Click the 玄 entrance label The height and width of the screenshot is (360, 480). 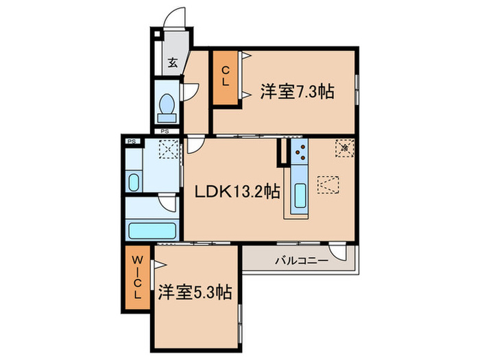tap(173, 63)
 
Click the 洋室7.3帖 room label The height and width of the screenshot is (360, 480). tap(296, 91)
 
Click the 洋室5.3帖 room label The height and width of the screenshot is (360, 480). tap(195, 293)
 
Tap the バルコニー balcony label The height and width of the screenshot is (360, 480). tap(301, 260)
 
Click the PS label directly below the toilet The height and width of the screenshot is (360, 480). tap(165, 131)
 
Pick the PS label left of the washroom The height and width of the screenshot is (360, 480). tap(130, 141)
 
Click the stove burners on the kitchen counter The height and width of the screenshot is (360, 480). tap(299, 152)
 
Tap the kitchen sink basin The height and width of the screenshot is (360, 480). tap(298, 198)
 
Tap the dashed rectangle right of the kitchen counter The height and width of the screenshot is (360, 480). tap(328, 185)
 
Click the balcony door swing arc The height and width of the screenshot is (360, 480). tap(339, 249)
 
